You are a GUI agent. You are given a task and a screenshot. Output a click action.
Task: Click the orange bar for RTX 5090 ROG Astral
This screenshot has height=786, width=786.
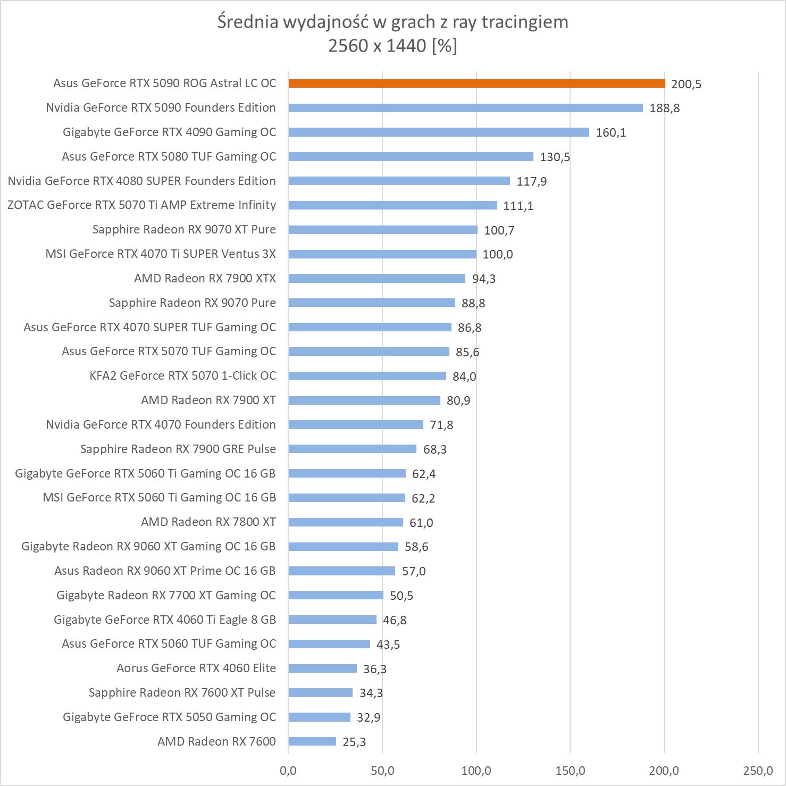pos(476,83)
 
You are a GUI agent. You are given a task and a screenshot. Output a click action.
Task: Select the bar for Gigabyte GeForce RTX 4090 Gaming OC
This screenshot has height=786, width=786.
pos(439,132)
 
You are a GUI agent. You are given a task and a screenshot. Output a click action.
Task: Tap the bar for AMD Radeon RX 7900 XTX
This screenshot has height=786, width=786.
pos(377,278)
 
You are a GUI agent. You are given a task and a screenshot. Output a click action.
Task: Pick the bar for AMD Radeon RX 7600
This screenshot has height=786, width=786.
pos(312,741)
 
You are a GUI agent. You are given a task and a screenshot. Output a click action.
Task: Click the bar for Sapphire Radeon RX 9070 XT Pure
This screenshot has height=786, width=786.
pos(383,230)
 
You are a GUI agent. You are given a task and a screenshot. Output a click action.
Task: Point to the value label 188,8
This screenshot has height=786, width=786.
pos(664,108)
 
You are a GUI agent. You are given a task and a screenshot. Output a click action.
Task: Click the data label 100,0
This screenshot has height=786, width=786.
pos(497,254)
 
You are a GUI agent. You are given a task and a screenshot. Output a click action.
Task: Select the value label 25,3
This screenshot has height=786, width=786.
pos(354,742)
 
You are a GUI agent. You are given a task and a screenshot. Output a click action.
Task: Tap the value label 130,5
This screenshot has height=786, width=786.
pos(555,157)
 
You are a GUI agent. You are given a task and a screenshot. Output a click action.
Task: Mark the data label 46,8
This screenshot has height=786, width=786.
pos(395,620)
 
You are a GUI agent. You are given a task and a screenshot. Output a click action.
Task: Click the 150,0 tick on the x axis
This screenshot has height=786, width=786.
pos(570,770)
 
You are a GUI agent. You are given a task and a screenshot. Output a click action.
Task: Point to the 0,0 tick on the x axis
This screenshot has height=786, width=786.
pos(288,770)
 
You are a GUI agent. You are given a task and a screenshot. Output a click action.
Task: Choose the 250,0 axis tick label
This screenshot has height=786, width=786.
pos(758,770)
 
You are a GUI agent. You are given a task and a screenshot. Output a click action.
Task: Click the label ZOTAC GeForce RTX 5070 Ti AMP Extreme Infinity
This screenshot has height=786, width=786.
pos(141,205)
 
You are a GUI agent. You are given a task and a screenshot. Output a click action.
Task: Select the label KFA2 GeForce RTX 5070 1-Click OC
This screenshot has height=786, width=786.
pos(182,376)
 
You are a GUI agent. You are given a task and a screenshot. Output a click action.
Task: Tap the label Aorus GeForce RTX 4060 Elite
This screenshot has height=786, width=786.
pos(196,668)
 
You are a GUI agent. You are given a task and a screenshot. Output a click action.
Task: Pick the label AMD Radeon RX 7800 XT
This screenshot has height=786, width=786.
pos(208,522)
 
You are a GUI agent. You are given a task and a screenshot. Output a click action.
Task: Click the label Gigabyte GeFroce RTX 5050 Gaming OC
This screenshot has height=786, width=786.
pos(169,717)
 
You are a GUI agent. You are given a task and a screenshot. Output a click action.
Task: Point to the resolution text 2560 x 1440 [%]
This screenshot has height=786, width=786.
pos(392,46)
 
